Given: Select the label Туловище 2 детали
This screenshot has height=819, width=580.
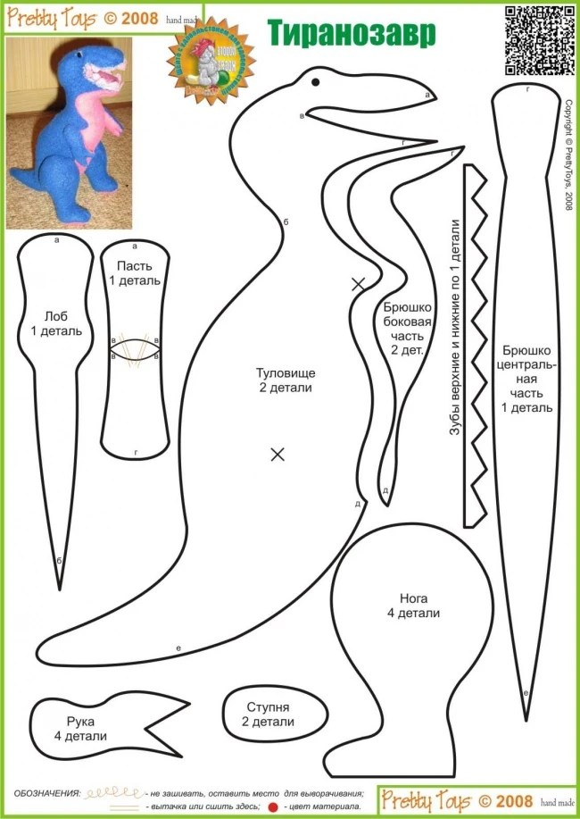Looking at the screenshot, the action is pyautogui.click(x=286, y=380).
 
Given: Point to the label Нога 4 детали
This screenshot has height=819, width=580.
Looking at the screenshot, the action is pyautogui.click(x=414, y=606).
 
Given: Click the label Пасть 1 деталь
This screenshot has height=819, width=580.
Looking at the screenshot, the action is pyautogui.click(x=135, y=273).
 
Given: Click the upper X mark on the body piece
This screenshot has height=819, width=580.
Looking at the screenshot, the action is pyautogui.click(x=359, y=284).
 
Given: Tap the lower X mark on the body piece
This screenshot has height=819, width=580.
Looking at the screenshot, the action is pyautogui.click(x=278, y=454).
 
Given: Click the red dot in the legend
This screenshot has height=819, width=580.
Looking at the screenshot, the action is pyautogui.click(x=274, y=806).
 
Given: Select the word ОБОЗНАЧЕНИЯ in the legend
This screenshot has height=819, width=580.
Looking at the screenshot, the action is pyautogui.click(x=46, y=793).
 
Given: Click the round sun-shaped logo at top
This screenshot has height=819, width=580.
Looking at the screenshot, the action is pyautogui.click(x=204, y=71).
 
